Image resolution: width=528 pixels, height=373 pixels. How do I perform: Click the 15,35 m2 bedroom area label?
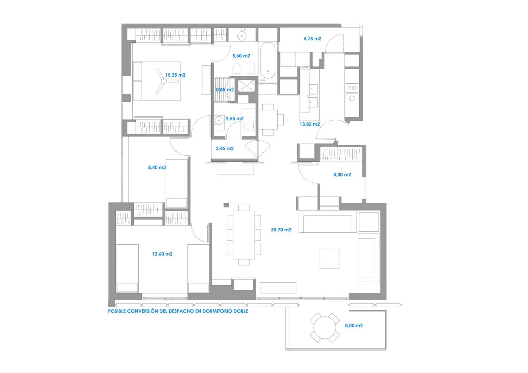175,75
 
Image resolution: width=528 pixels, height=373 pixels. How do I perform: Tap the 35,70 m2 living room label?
281,230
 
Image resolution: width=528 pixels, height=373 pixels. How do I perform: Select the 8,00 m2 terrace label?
354,326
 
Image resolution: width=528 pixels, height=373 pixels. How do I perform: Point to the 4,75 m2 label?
312,38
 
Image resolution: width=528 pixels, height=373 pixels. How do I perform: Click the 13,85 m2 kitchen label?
310,124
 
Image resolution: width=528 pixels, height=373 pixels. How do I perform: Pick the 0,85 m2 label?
225,90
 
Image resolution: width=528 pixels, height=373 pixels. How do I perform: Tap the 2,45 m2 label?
225,148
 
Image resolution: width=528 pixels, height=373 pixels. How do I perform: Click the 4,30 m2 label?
342,174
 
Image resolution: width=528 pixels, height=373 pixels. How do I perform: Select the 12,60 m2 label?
162,254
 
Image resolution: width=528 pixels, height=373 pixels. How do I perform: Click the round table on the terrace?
325,328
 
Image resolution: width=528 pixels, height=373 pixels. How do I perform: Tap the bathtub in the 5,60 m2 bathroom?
268,60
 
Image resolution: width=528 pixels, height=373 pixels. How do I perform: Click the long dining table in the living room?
244,235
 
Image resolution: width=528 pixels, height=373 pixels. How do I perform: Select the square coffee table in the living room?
329,258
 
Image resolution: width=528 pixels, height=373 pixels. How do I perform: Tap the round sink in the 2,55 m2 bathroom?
219,121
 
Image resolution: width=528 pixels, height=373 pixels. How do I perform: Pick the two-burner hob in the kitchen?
352,88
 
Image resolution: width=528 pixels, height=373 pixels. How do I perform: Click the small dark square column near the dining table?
226,205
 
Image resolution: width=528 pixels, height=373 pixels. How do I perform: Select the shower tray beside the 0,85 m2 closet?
246,85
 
